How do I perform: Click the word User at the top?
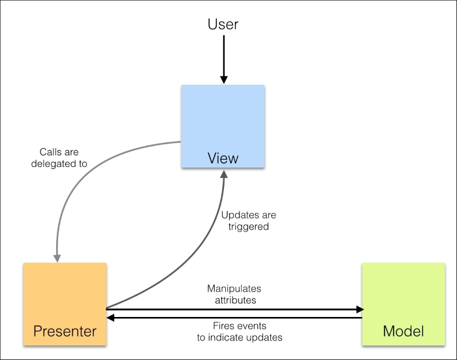click(223, 24)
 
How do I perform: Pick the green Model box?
click(403, 303)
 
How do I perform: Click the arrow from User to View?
click(223, 59)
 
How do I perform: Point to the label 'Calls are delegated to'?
click(59, 158)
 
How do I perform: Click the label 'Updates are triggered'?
click(249, 220)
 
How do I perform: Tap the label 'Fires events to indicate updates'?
click(240, 331)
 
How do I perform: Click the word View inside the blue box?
click(223, 158)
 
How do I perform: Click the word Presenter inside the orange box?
click(65, 331)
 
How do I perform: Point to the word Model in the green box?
click(403, 331)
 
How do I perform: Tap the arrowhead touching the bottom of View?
click(224, 173)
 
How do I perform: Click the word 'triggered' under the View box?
click(249, 226)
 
